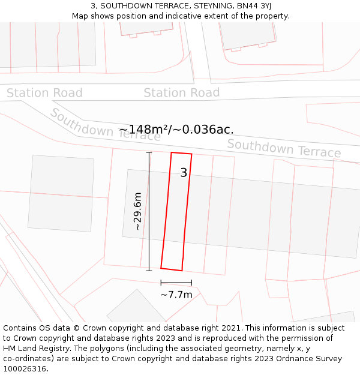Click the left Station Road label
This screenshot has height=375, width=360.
point(44,93)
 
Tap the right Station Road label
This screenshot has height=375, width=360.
point(181,93)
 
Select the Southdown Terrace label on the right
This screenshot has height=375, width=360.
point(284,148)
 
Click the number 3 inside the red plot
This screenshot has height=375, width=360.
point(184,173)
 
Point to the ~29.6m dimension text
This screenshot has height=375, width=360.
point(137,211)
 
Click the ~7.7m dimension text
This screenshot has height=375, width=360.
point(176,295)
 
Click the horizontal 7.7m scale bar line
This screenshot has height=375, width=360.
point(176,282)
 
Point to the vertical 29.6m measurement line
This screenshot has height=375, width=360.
point(149,211)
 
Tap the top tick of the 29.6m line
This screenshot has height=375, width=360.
point(149,152)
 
